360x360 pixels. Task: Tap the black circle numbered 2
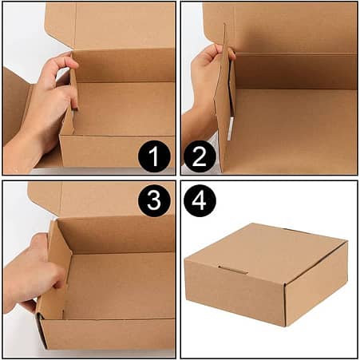200,155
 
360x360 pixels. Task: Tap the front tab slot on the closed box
233,270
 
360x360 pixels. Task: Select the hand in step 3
36,271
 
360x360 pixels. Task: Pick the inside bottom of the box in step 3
120,279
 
